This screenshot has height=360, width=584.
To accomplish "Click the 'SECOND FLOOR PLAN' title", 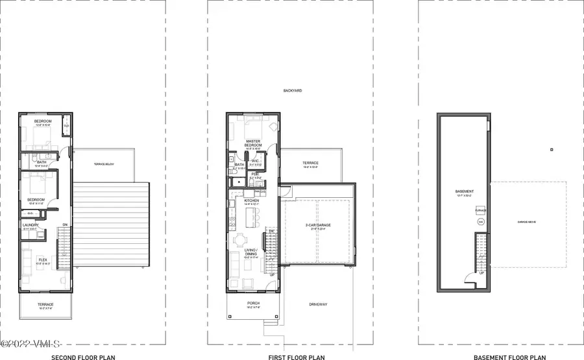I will (x=79, y=356).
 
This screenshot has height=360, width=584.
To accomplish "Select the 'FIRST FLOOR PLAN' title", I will (x=291, y=356).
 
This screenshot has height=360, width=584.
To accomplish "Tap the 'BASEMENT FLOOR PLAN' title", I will (x=509, y=356).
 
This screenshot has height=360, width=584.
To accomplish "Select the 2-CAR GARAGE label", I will (x=318, y=225).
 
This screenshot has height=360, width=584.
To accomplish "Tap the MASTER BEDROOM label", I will (x=252, y=143).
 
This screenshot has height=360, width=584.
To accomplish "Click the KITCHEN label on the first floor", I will (x=252, y=201).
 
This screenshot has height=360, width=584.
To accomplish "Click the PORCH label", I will (x=252, y=303).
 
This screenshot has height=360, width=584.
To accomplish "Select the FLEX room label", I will (x=42, y=260).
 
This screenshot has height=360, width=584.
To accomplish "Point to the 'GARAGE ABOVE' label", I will (x=526, y=221).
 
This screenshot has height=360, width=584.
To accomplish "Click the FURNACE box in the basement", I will (x=481, y=211).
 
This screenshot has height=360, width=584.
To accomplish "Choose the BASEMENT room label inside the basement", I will (x=464, y=192).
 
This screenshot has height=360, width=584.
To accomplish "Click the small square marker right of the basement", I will (x=551, y=150).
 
